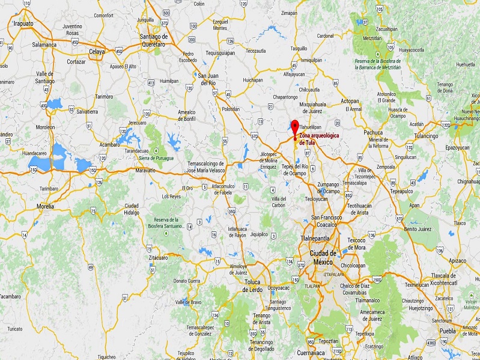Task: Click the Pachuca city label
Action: tap(373, 132)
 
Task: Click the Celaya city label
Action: tap(97, 52)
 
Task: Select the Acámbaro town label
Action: tap(110, 144)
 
